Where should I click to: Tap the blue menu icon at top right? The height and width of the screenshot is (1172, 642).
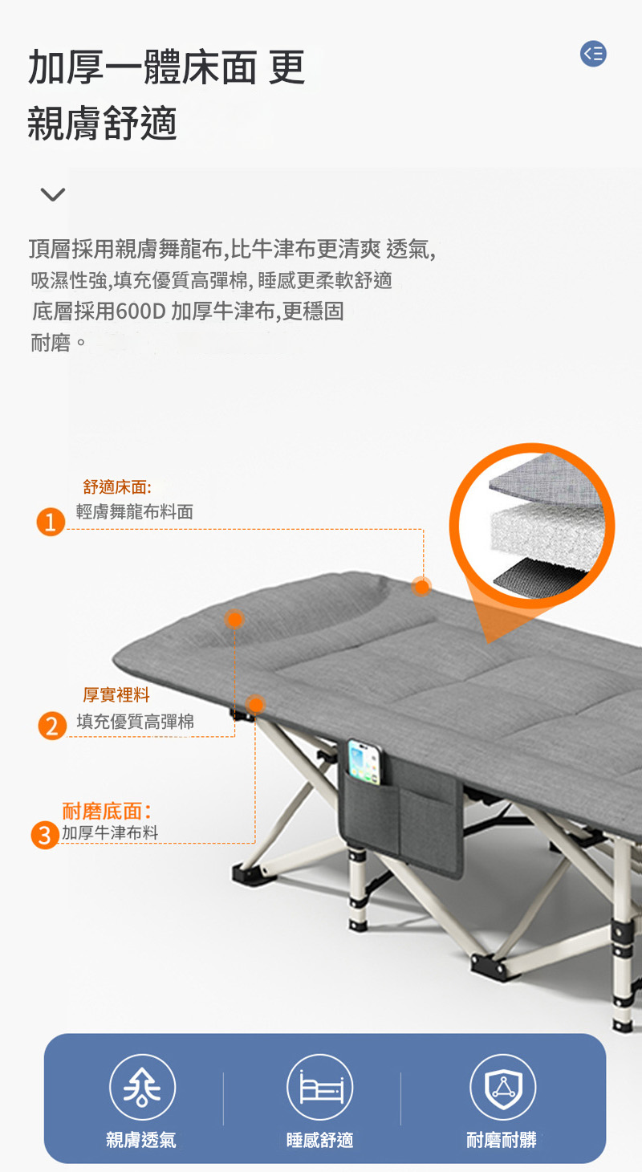pos(593,54)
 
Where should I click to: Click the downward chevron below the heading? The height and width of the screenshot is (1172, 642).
pos(53,194)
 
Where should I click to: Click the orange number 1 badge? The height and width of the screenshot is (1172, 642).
pos(51,522)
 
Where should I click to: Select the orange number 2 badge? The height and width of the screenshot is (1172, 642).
pos(52,726)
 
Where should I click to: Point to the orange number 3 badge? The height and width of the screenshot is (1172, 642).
pos(45,835)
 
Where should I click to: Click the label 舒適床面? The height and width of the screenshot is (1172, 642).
pos(117,487)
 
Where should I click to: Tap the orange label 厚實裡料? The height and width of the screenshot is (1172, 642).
pos(116,695)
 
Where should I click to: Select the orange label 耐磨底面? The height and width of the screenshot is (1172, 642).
pos(107,811)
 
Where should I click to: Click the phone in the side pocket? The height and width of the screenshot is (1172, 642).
pos(365,762)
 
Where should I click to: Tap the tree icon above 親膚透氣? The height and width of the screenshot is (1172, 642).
pos(142,1087)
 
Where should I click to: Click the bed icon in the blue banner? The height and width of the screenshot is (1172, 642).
pos(320,1087)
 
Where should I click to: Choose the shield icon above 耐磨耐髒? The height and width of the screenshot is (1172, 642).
pos(503,1087)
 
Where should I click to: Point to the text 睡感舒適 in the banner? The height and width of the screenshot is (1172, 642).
pos(320,1140)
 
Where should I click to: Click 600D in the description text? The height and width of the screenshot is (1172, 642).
pos(140,311)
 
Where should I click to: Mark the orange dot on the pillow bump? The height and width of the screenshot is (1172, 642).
pos(234,620)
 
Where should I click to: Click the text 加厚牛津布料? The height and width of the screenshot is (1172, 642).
pos(110,832)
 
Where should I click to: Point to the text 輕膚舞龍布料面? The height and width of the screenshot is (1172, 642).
pos(135,511)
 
